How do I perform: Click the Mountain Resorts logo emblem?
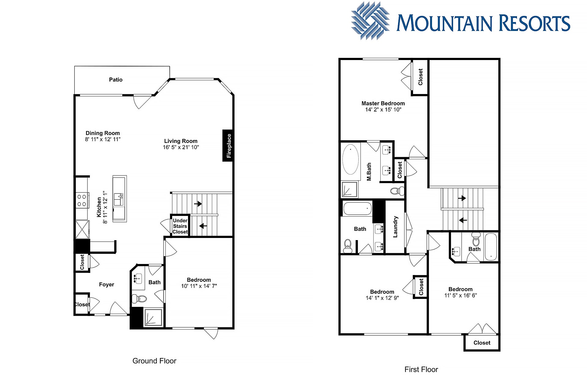(370, 21)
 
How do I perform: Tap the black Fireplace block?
(227, 145)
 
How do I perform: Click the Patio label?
(116, 80)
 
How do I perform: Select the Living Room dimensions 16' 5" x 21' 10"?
(181, 147)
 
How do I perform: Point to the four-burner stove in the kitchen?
(82, 200)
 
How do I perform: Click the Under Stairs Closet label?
(180, 226)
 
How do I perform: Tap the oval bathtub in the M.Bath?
(350, 160)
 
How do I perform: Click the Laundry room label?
(395, 227)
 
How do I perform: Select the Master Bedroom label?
(383, 104)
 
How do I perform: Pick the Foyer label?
(106, 285)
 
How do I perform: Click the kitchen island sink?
(118, 199)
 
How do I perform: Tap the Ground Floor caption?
(154, 361)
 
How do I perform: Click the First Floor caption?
(421, 370)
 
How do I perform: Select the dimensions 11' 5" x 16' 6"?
(460, 296)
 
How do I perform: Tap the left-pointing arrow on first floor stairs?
(463, 220)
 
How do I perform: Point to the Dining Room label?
(103, 133)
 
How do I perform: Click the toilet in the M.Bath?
(397, 191)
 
